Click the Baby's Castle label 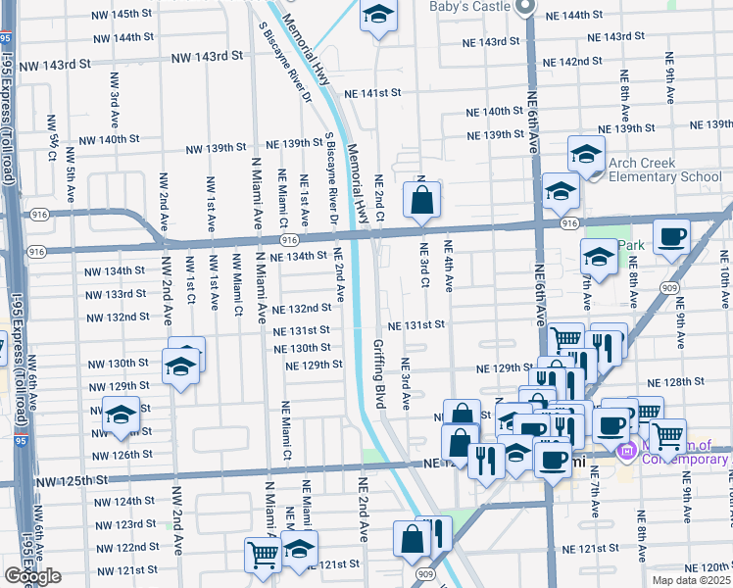point(469,7)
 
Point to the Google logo point(31,576)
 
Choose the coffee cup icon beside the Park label point(671,237)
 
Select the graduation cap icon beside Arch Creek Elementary point(586,154)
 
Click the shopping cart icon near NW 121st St point(263,554)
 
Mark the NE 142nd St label point(572,61)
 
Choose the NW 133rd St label point(115,294)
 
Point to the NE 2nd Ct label point(377,196)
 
